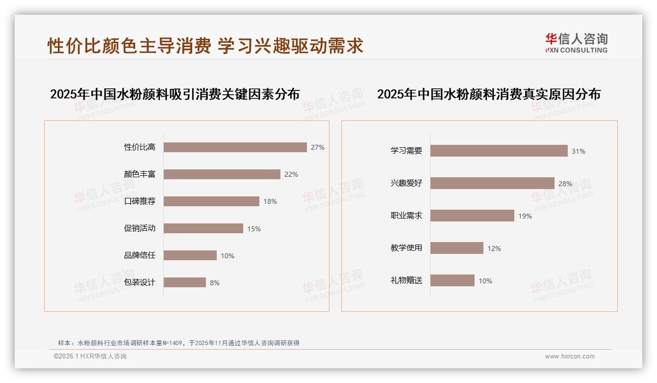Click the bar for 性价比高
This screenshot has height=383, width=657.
coord(235,147)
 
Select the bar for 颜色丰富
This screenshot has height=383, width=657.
coord(222,174)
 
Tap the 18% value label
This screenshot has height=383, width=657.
coord(270,201)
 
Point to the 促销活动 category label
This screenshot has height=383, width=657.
coord(139,228)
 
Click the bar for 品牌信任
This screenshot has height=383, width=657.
coord(190,255)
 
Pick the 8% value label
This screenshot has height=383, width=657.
coord(215,283)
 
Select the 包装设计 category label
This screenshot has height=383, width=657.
coord(139,282)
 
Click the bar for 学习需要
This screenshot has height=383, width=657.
coord(499,151)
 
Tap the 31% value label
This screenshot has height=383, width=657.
coord(579,151)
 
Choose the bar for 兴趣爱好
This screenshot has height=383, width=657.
coord(492,183)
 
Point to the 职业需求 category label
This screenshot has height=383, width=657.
coord(406,216)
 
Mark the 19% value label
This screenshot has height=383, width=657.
coord(525,216)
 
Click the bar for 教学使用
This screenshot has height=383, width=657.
coord(456,248)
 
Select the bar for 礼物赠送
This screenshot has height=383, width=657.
coord(452,280)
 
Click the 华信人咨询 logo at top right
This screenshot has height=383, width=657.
coord(576,43)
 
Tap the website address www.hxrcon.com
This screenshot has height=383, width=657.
coord(570,356)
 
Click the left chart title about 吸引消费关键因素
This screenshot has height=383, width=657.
coord(175,94)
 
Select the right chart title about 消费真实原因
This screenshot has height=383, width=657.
coord(488,94)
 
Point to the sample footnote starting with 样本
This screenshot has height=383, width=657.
coord(178,343)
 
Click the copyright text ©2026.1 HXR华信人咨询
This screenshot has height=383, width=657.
coord(90,356)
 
